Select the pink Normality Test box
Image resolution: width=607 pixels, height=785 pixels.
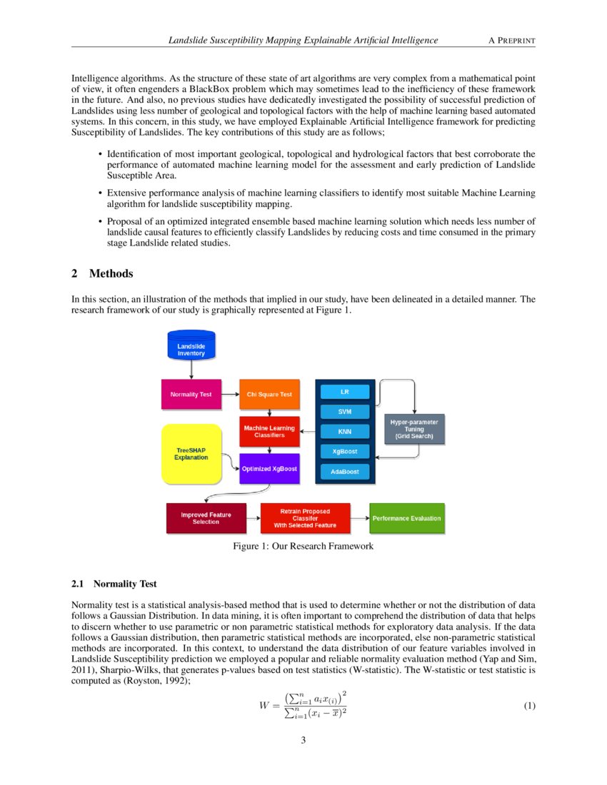(x=191, y=394)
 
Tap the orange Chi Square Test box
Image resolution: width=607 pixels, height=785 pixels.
(x=269, y=394)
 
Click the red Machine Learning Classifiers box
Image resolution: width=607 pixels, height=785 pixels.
(x=269, y=431)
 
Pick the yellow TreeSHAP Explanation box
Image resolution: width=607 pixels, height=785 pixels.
(x=192, y=452)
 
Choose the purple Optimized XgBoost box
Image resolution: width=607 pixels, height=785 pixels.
(x=269, y=468)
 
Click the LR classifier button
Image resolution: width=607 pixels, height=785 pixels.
(x=345, y=392)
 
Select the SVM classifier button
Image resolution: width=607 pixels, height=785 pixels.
(x=345, y=412)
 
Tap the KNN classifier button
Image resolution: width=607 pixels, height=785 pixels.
(x=345, y=431)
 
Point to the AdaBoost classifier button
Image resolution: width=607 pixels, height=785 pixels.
(x=345, y=472)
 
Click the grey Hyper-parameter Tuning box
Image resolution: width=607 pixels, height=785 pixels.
(x=414, y=428)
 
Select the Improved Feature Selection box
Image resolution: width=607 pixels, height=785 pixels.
(x=205, y=518)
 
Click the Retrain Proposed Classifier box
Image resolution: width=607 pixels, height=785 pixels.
(x=305, y=518)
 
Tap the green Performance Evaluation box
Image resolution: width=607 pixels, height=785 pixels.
(x=406, y=518)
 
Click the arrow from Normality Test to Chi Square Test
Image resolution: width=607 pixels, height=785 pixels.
(x=230, y=394)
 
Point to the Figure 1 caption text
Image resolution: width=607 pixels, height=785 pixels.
(x=303, y=547)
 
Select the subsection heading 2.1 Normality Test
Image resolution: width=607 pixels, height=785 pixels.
(x=114, y=584)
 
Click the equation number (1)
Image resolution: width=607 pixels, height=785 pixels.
(x=529, y=706)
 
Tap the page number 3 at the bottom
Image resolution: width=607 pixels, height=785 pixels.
(x=303, y=740)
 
